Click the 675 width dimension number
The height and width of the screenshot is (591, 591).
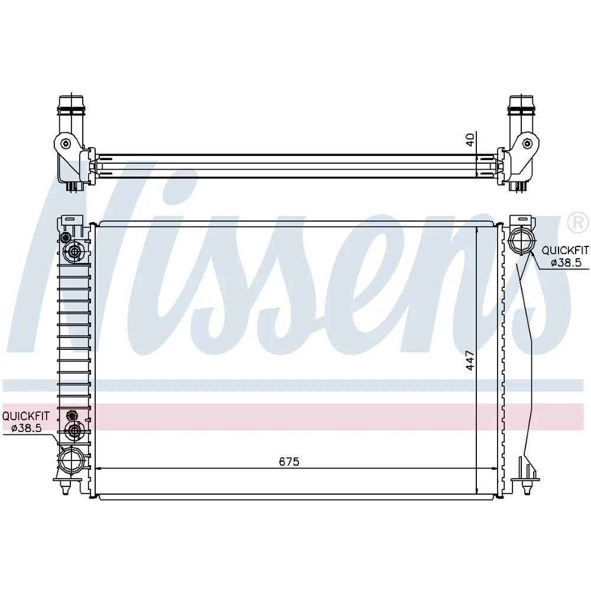(289, 462)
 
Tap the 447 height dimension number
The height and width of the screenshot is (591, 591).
(470, 361)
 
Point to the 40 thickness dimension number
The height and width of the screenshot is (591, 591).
(470, 140)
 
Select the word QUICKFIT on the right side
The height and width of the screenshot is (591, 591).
(565, 250)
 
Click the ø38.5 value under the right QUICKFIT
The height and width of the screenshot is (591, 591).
(567, 263)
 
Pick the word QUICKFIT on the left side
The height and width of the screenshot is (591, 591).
(25, 416)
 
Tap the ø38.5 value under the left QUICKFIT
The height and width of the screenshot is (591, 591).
(27, 428)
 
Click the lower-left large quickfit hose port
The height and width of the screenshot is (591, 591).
(70, 459)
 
